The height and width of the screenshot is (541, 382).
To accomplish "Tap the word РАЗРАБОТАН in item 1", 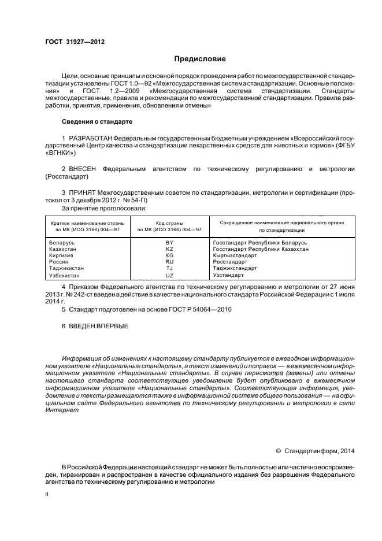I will (x=90, y=140).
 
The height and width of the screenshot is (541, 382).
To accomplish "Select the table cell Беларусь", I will (x=63, y=243).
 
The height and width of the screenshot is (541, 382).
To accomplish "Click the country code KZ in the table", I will (x=169, y=249).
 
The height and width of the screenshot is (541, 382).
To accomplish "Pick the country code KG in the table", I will (x=169, y=255).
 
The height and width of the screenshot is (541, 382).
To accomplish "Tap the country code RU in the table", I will (x=169, y=262).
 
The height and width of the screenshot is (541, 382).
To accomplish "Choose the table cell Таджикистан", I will (x=67, y=268).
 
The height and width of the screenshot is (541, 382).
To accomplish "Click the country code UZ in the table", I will (x=169, y=276).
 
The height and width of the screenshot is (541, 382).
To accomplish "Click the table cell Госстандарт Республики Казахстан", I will (x=260, y=249).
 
